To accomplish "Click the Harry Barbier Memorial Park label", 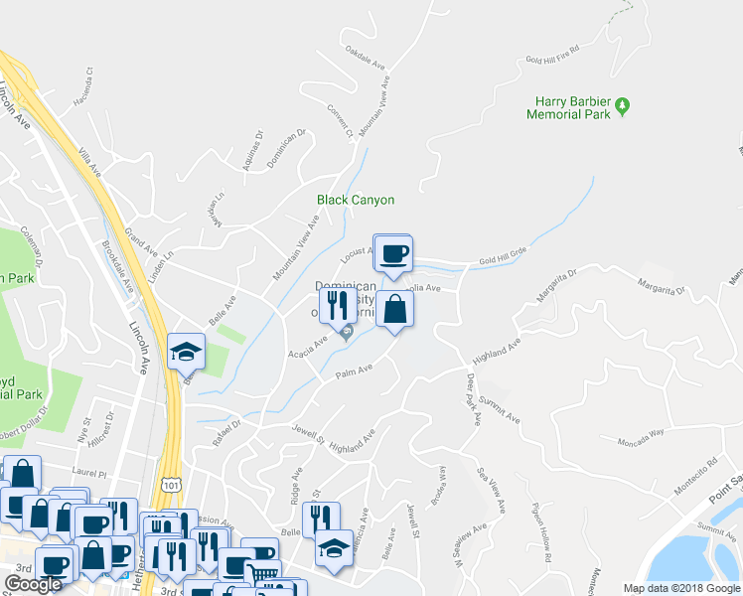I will click(571, 107).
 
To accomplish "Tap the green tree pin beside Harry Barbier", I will click(623, 104).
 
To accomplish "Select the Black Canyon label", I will click(356, 200).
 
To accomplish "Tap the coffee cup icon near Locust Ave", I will click(393, 253).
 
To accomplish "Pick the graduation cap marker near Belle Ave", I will click(186, 352).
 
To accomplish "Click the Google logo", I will click(33, 584).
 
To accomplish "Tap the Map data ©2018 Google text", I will click(682, 588).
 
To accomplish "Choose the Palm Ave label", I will click(353, 372).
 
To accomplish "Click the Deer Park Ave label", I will click(473, 397).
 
